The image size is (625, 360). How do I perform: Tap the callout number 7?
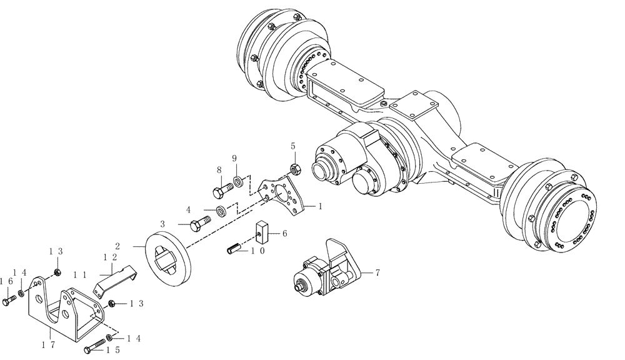point(377,273)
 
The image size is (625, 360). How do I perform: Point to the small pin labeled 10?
point(234,249)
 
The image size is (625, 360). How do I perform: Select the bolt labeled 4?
point(199,221)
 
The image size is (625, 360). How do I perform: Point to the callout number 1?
point(320,205)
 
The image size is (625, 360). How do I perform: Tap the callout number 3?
point(162,223)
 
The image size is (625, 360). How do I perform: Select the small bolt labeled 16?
point(8,302)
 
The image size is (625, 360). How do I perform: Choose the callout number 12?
point(110,257)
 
